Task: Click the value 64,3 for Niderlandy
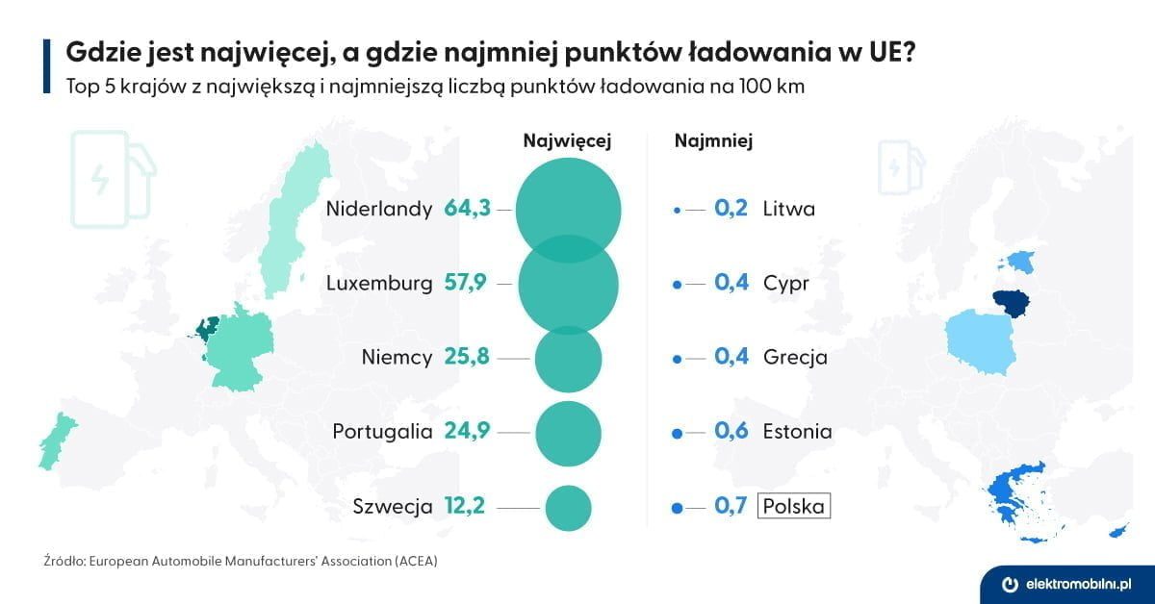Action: coord(467,209)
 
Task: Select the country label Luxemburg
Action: coord(378,284)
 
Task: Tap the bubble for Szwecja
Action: coord(568,507)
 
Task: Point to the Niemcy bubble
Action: coord(568,359)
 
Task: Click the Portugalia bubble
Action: coord(568,433)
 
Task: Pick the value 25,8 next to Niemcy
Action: coord(467,358)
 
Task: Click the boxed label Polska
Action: coord(794,506)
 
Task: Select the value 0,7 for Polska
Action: coord(731,506)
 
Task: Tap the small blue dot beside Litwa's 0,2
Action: coord(677,209)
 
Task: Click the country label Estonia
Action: coord(797,432)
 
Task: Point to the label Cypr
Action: coord(785,284)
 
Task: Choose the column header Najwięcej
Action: coord(567,140)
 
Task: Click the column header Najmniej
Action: coord(713,140)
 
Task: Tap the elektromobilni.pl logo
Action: coord(1066,584)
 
